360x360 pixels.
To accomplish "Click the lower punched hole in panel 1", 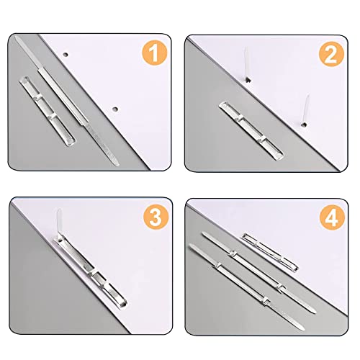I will pyautogui.click(x=116, y=109).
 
